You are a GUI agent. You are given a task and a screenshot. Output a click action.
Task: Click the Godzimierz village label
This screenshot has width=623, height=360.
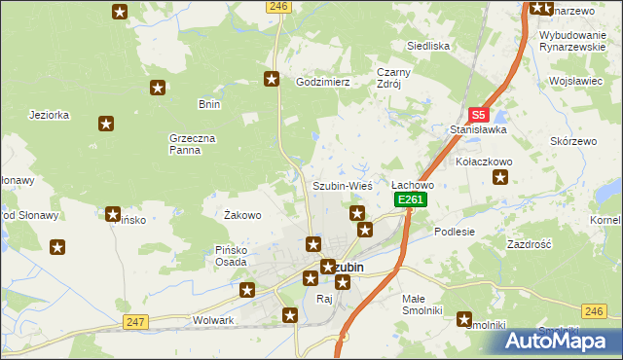322,83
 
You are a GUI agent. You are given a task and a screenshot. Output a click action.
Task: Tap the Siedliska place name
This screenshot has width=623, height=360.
427,46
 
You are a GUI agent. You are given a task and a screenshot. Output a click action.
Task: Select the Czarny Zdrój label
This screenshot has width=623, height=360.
395,78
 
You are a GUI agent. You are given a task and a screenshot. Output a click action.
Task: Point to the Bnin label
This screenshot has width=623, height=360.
209,104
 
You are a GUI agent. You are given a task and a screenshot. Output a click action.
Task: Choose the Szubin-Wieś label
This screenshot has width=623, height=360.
342,186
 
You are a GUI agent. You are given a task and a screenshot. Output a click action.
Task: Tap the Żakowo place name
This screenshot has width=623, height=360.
242,215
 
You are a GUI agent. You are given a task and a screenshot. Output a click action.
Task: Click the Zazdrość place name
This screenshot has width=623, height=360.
530,244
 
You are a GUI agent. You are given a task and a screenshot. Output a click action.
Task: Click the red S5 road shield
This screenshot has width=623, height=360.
477,114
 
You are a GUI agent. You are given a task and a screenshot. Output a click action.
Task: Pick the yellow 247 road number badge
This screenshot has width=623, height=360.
135,322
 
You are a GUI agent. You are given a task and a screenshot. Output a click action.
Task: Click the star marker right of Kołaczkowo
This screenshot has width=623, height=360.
500,177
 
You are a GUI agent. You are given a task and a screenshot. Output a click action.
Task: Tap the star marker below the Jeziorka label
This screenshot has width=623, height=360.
106,124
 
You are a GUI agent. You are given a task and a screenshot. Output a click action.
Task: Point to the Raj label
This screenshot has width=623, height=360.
324,299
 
